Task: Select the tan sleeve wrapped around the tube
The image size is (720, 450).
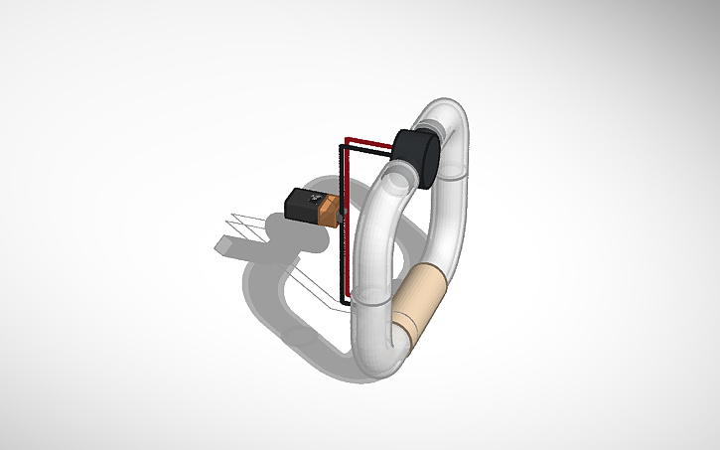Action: [x=422, y=302]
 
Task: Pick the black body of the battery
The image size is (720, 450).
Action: [x=298, y=203]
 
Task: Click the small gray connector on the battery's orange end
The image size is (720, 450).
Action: [x=338, y=213]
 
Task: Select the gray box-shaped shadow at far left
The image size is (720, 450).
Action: [x=226, y=243]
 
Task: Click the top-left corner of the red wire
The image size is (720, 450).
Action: [x=346, y=138]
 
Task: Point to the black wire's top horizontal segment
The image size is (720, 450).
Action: [x=367, y=149]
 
